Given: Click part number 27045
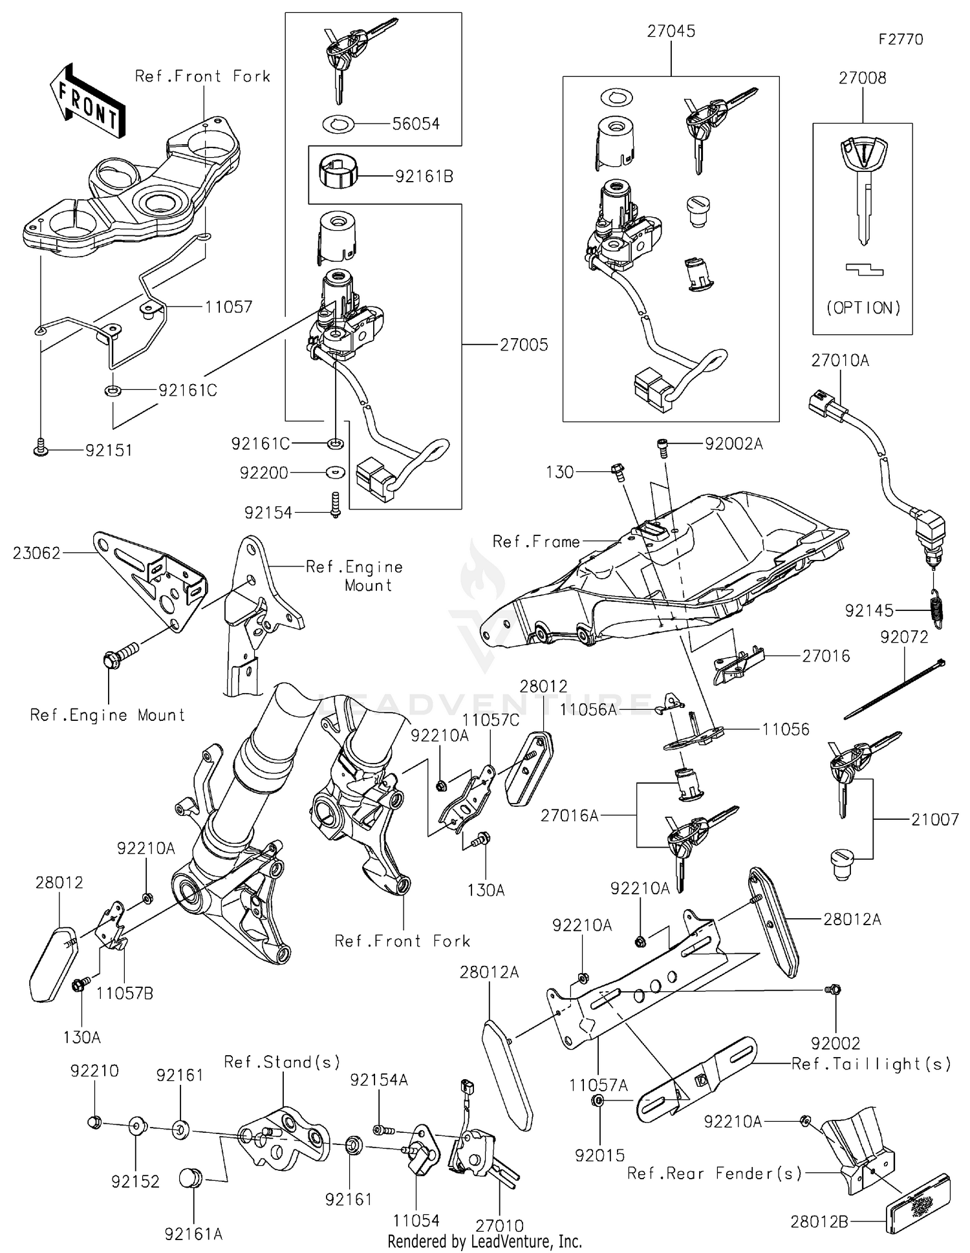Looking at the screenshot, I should pyautogui.click(x=671, y=32).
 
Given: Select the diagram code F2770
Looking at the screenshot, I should pyautogui.click(x=901, y=39).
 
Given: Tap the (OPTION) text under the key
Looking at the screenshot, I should pyautogui.click(x=863, y=308).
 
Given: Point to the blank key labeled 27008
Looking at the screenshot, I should pyautogui.click(x=863, y=187).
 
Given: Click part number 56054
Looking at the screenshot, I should pyautogui.click(x=416, y=123).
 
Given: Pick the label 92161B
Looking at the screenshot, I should pyautogui.click(x=424, y=176).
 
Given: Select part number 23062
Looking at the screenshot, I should pyautogui.click(x=37, y=553).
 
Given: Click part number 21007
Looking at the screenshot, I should pyautogui.click(x=934, y=820).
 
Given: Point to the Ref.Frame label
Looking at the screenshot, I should pyautogui.click(x=536, y=541).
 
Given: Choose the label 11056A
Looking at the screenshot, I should pyautogui.click(x=588, y=710).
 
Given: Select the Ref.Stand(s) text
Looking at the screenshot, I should pyautogui.click(x=282, y=1062).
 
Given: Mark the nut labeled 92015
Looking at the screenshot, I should pyautogui.click(x=598, y=1100).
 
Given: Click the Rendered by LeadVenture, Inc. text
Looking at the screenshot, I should pyautogui.click(x=484, y=1241).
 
